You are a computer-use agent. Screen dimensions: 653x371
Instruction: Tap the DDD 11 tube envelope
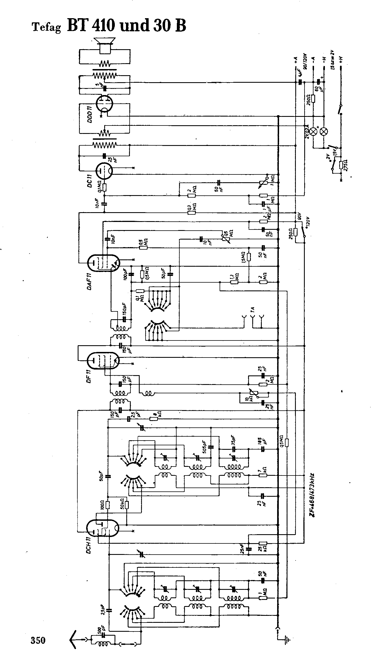[104, 103]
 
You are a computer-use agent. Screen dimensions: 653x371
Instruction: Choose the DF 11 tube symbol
[103, 361]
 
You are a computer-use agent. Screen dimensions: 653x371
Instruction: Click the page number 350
[38, 638]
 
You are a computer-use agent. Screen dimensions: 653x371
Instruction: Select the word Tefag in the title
[46, 28]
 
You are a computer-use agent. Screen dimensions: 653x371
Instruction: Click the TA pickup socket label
[253, 309]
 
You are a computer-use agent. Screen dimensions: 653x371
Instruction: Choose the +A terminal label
[295, 60]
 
